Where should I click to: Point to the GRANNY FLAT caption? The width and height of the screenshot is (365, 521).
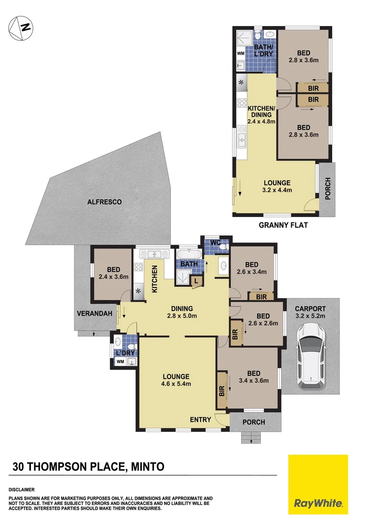pos(283,225)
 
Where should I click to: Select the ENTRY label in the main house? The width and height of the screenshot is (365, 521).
pos(200,420)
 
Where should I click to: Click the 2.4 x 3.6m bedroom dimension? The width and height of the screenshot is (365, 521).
pos(113,277)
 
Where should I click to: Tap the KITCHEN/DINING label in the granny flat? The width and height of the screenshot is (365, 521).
pos(261,111)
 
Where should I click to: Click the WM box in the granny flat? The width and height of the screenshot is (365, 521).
pos(240,54)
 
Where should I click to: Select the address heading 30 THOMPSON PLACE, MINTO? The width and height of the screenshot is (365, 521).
pos(88,466)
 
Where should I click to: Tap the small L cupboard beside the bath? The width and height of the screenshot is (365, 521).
pos(196,280)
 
